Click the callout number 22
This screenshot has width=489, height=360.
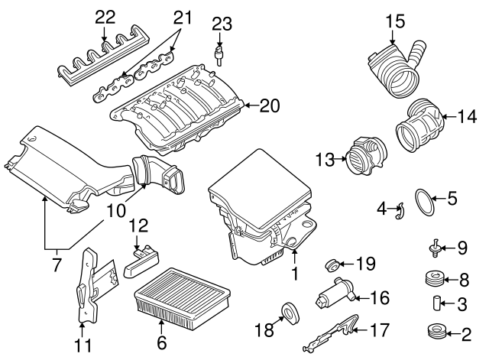click(x=105, y=15)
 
